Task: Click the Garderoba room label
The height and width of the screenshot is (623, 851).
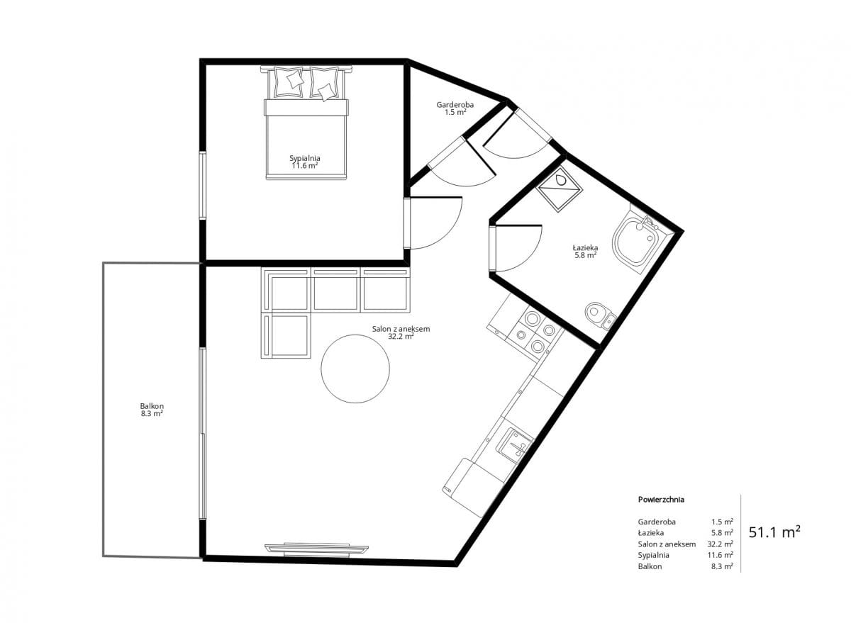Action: tap(455, 105)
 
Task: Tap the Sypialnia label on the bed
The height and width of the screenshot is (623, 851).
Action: tap(305, 158)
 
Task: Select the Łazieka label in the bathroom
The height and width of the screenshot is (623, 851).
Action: tap(586, 247)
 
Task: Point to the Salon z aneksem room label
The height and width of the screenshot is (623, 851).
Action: tap(401, 329)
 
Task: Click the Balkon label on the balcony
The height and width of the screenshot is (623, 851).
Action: tap(152, 406)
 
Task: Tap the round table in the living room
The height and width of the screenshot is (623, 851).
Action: tap(355, 369)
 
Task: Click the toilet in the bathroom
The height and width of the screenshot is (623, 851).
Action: tap(600, 315)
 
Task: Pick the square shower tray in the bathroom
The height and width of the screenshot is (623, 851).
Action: tap(559, 189)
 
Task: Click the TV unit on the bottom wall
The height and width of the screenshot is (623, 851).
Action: tap(316, 549)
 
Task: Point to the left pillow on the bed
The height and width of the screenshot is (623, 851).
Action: tap(289, 82)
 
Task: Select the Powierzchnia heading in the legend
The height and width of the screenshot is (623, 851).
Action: tap(661, 500)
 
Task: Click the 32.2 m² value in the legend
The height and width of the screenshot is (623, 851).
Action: tap(721, 544)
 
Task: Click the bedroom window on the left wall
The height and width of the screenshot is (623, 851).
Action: tap(203, 185)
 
